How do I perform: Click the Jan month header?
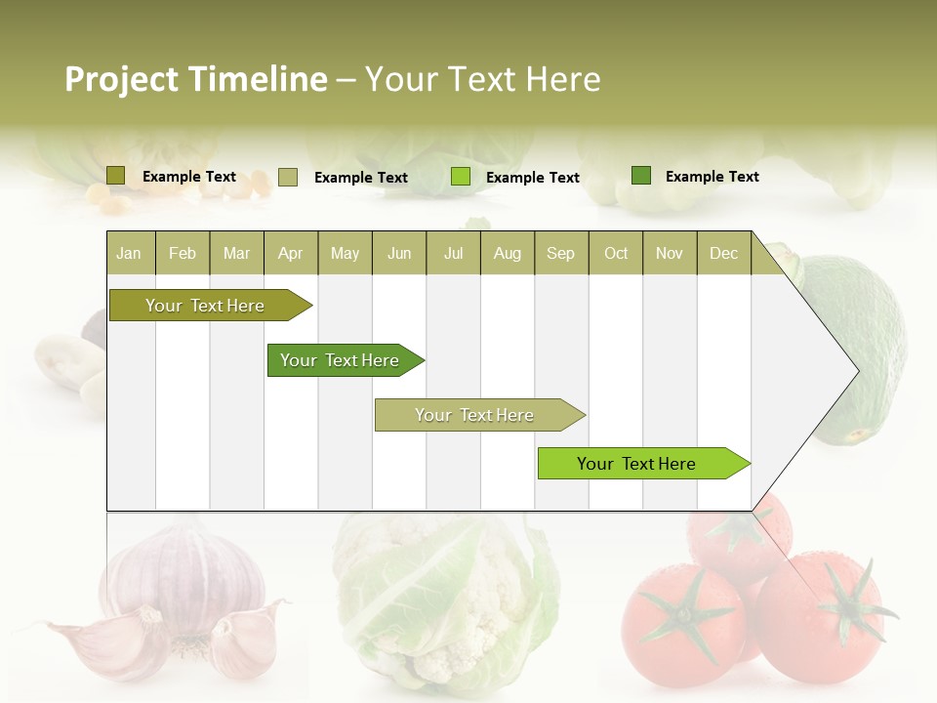click(130, 253)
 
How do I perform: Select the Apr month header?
click(291, 253)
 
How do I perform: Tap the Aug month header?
click(508, 253)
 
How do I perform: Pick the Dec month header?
click(724, 253)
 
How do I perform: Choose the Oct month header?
click(616, 253)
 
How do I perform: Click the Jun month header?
click(399, 253)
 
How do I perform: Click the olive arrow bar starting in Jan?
click(205, 306)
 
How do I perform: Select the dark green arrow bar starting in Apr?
click(340, 360)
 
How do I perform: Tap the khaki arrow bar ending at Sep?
click(474, 415)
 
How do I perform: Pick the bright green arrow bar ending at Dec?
click(636, 464)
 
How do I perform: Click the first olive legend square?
click(116, 176)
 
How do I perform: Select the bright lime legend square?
click(461, 177)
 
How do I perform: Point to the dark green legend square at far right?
click(641, 176)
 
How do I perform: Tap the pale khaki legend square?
click(288, 177)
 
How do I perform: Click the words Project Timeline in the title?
click(196, 79)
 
